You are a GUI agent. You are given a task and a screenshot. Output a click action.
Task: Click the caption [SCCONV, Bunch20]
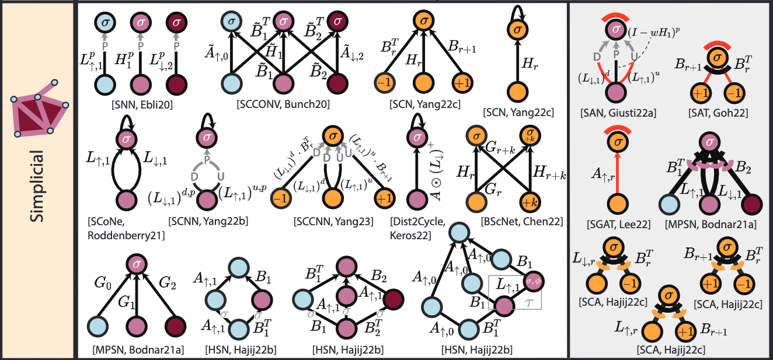tap(283, 104)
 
